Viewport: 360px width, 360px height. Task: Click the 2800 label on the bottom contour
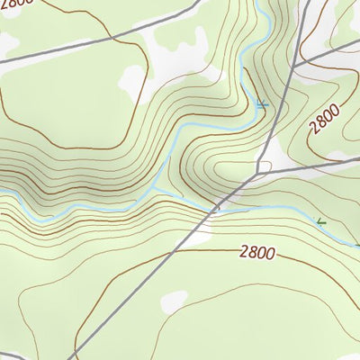pyautogui.click(x=257, y=253)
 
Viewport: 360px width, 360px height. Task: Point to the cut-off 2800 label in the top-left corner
pyautogui.click(x=15, y=4)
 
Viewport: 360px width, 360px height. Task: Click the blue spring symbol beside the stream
pyautogui.click(x=261, y=104)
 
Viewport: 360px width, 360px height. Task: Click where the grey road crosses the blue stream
pyautogui.click(x=216, y=209)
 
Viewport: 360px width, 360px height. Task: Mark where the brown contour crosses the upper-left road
pyautogui.click(x=112, y=40)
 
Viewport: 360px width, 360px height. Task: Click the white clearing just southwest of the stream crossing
pyautogui.click(x=200, y=236)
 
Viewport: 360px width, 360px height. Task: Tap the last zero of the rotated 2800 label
pyautogui.click(x=336, y=108)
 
